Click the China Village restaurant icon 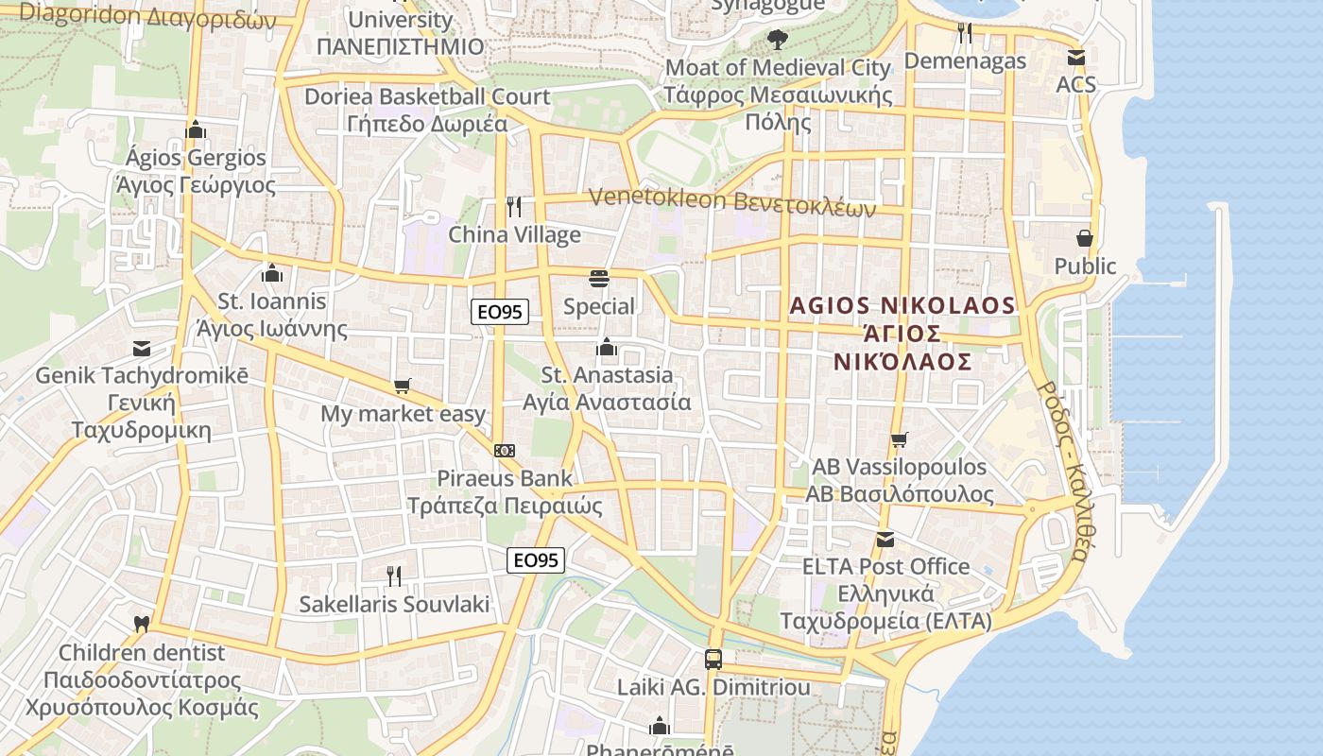(x=514, y=207)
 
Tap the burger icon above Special (x=599, y=278)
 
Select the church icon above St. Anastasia (x=607, y=348)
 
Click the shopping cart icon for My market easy (x=403, y=386)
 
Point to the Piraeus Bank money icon (x=505, y=451)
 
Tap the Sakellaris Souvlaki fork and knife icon (x=394, y=576)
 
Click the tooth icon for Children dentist (x=142, y=624)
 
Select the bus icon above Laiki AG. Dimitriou (x=713, y=659)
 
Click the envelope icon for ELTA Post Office (x=885, y=540)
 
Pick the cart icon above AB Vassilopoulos (x=899, y=439)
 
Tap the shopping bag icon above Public (x=1085, y=238)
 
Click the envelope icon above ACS (x=1075, y=57)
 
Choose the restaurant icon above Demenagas (x=965, y=33)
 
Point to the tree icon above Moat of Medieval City (x=778, y=40)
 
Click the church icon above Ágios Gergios (x=196, y=129)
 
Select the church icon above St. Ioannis (x=272, y=274)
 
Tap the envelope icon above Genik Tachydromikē (x=142, y=349)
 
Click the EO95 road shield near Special (x=500, y=312)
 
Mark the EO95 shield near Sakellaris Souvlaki (x=536, y=560)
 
